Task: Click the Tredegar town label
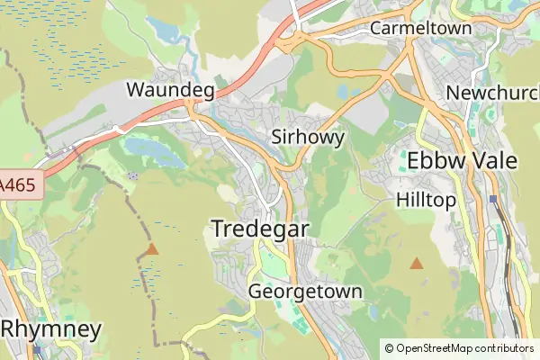260,229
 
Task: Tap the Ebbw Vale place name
462,161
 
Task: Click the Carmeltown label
421,28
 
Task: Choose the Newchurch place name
490,93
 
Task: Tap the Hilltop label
427,200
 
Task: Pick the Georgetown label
305,292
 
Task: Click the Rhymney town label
50,328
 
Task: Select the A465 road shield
18,183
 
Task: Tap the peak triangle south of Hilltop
416,263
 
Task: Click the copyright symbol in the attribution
389,347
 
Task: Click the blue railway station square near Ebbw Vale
493,199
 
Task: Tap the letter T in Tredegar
218,229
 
